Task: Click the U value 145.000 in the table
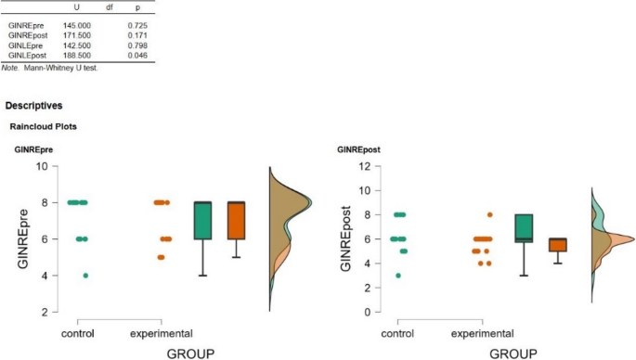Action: pos(77,25)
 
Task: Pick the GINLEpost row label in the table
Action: pos(27,56)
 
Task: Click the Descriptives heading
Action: pos(34,106)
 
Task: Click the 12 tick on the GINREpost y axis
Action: pos(365,166)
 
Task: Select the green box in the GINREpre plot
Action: pos(204,221)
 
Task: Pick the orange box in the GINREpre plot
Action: pos(236,221)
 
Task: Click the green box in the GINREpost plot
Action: pos(524,228)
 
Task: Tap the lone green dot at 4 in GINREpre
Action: pos(86,275)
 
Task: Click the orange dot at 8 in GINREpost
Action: pos(490,214)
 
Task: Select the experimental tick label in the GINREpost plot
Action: pos(483,333)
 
